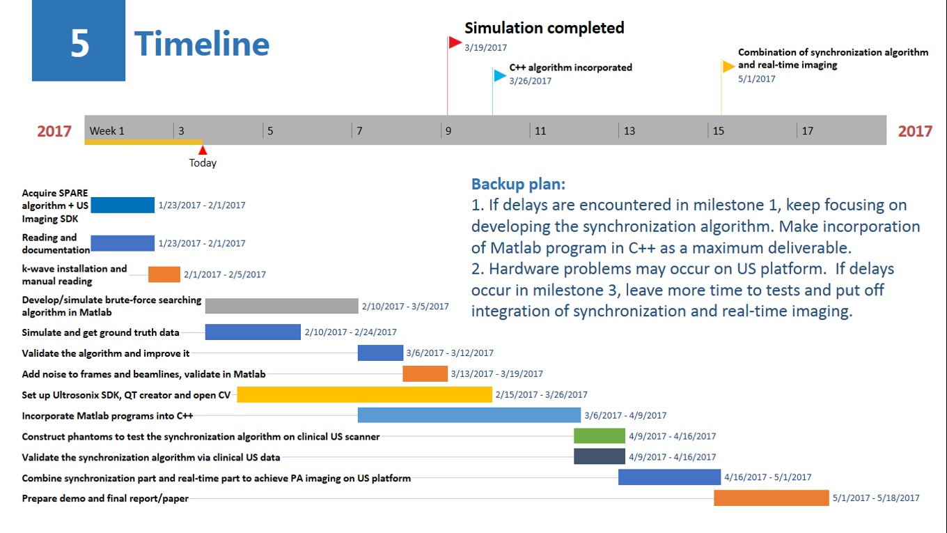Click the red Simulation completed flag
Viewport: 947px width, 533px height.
click(455, 43)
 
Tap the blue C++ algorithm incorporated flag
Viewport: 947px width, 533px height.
click(500, 76)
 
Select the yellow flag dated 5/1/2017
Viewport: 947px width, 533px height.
click(728, 66)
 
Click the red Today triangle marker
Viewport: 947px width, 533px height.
click(203, 150)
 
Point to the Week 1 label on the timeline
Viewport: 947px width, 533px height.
click(107, 131)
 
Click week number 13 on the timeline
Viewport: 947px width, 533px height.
click(629, 131)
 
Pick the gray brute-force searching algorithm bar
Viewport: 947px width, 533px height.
click(281, 306)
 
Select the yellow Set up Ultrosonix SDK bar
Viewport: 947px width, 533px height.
click(364, 394)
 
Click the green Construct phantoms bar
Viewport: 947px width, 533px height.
click(600, 435)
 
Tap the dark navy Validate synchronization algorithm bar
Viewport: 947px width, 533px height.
click(600, 456)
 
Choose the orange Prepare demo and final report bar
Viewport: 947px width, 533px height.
click(772, 498)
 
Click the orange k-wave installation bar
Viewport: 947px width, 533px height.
click(164, 274)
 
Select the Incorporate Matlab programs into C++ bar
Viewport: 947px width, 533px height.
click(469, 415)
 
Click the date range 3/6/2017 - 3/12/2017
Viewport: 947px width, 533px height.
click(450, 353)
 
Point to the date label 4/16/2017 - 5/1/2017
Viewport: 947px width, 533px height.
click(768, 477)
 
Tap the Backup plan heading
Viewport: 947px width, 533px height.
click(518, 184)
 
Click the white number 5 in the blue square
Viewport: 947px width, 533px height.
click(79, 44)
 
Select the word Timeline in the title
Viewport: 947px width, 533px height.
click(202, 44)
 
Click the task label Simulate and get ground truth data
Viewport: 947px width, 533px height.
click(100, 332)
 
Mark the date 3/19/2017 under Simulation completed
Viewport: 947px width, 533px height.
click(486, 48)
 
